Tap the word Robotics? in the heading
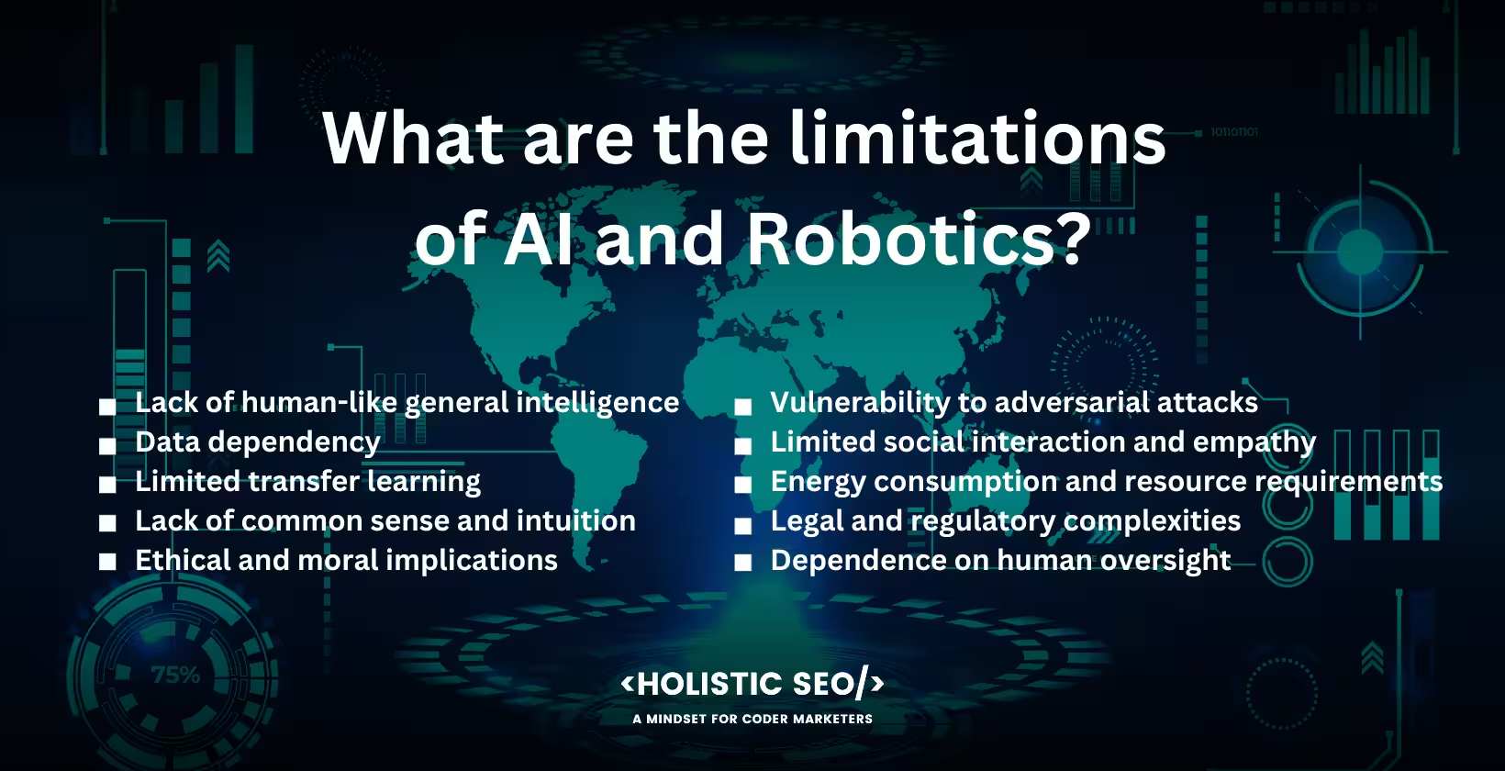click(x=919, y=239)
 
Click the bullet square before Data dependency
click(x=108, y=445)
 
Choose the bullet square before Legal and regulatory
click(x=743, y=524)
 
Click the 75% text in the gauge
click(x=175, y=676)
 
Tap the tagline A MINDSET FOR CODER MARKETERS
click(x=752, y=719)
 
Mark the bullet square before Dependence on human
click(x=743, y=563)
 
